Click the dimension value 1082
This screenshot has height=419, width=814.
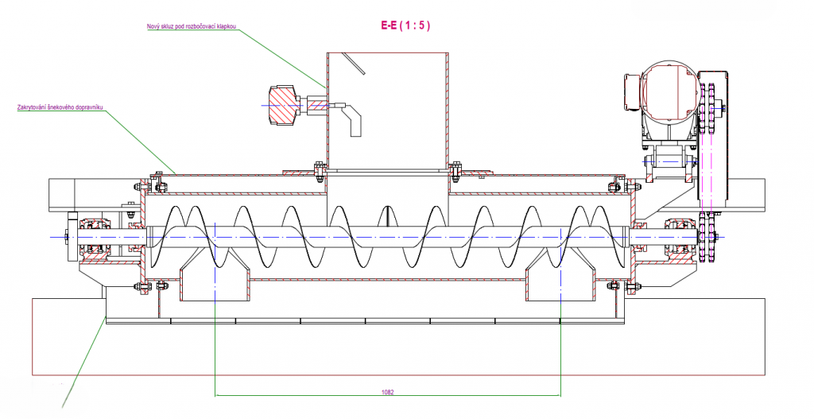click(388, 391)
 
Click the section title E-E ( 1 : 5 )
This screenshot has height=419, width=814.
click(406, 25)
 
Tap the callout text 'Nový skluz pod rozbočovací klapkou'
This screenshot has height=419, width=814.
click(192, 26)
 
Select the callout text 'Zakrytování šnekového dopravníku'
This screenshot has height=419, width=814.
click(61, 107)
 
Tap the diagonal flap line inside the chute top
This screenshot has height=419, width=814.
click(355, 65)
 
